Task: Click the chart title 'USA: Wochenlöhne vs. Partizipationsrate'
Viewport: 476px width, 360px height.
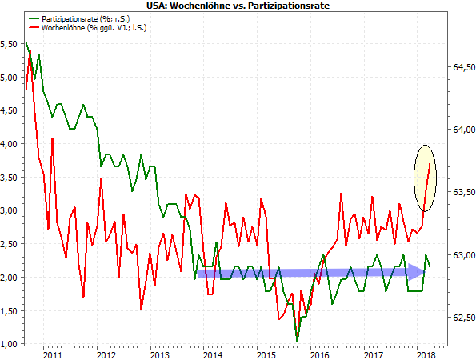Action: [238, 6]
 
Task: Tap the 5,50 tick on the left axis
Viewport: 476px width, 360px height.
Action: [11, 44]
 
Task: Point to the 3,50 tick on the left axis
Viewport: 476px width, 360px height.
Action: [11, 177]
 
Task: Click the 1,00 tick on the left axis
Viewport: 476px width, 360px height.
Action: [11, 344]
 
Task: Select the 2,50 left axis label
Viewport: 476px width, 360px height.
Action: [11, 244]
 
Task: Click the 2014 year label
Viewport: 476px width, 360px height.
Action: [212, 354]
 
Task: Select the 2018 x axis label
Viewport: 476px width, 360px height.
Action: [426, 354]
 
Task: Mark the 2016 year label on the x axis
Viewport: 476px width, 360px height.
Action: [319, 354]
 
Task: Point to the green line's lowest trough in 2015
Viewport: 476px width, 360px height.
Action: [297, 342]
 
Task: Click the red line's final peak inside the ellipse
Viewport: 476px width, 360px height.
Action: [430, 164]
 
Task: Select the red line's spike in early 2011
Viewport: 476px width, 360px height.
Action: [53, 138]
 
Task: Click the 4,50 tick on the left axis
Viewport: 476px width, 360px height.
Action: [11, 110]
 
